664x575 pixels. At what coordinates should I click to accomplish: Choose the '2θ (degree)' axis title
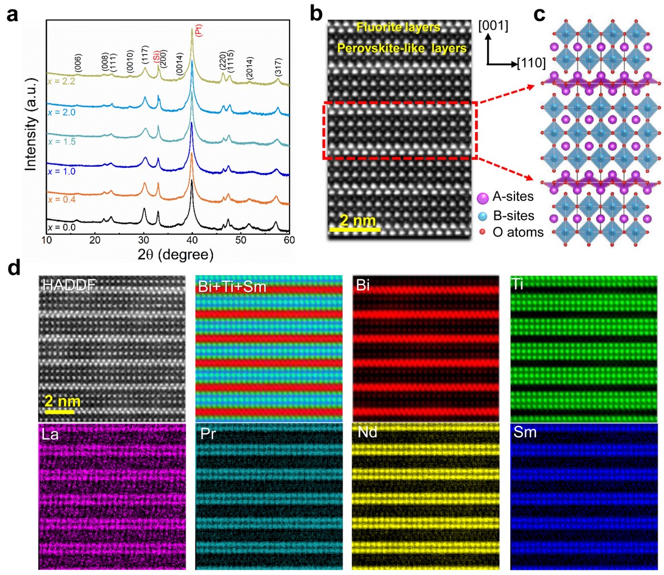[166, 254]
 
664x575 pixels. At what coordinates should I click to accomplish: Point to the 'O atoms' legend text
[517, 232]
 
